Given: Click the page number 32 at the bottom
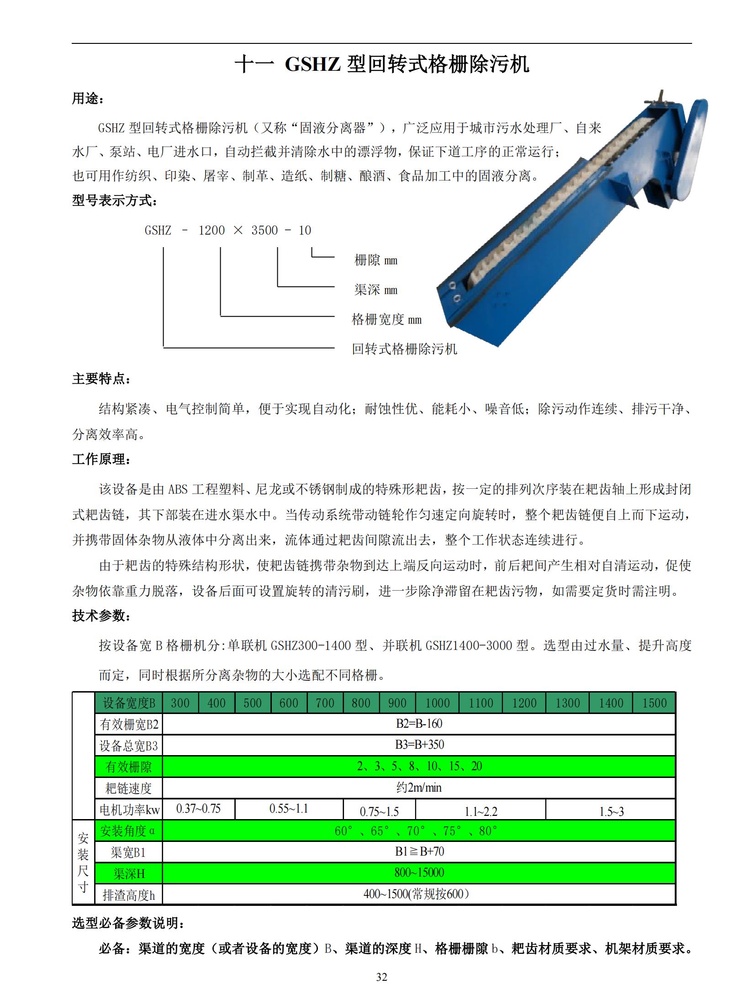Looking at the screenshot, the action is coord(381,977).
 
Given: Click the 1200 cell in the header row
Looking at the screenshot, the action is coord(524,703).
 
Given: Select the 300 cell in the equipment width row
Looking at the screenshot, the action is coord(180,703).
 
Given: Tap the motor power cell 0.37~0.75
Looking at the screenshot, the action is coord(198,809).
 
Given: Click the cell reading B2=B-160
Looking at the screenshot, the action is coord(419,724).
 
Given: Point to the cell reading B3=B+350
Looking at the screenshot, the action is coord(419,745).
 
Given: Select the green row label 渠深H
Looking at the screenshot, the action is coord(129,874).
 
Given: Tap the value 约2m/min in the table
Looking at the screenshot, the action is coord(419,788).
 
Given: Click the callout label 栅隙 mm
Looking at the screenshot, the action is coord(376,260).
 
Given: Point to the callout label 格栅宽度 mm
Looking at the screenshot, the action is coord(386,319).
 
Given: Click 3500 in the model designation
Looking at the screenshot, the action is coord(265,230).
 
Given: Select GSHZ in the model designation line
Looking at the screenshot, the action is coord(158,230).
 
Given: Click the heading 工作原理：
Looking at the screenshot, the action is coord(101,459).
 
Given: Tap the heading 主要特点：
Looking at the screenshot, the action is coord(101,379).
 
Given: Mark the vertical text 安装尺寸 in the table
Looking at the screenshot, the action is coord(83,862).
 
